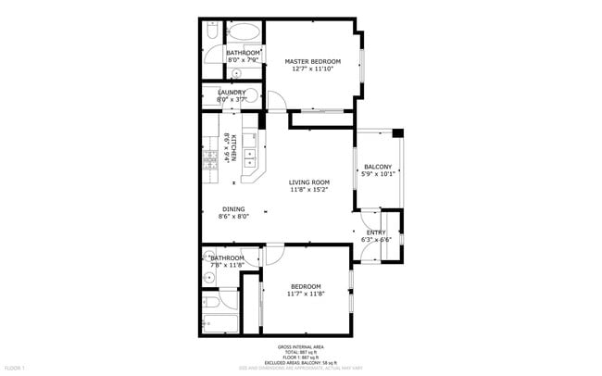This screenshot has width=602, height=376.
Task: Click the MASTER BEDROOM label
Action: pos(312,61)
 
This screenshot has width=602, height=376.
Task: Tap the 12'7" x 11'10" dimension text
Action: pos(312,69)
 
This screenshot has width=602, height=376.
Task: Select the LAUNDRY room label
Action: pos(231,92)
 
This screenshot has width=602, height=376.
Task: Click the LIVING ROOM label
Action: pos(309,182)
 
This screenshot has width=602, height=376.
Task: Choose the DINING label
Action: pos(233,208)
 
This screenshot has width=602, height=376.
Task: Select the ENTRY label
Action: pos(376,232)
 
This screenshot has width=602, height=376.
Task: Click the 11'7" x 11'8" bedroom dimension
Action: pos(306,294)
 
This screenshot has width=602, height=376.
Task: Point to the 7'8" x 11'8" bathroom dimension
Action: pos(226,266)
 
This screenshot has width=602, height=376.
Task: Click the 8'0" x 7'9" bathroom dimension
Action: pos(243,60)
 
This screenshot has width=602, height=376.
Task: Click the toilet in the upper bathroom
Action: pos(212,33)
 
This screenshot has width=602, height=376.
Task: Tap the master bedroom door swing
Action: pos(275,103)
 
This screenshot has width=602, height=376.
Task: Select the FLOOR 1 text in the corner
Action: pos(14,368)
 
